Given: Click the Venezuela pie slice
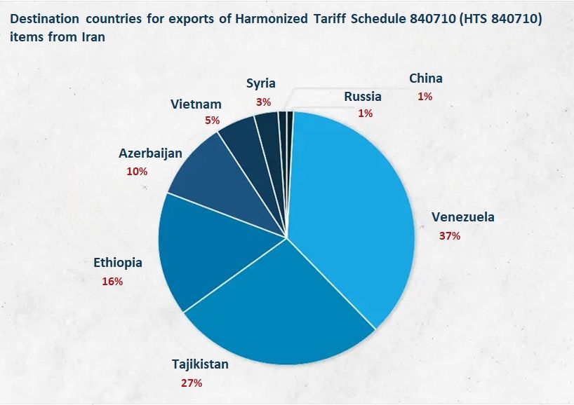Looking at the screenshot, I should pos(351,210).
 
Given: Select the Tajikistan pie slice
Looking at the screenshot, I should pos(281,308).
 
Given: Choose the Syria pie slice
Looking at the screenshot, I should pos(267,126).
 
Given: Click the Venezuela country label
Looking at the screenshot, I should pos(462,217).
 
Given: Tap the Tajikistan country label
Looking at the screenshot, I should pos(200,364).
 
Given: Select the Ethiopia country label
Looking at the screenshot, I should pos(118,263).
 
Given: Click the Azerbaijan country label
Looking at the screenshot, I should pos(150,153).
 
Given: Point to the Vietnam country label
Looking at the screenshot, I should pos(196,104).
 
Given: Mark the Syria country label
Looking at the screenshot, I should pos(261,84).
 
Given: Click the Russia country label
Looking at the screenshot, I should pos(363,96).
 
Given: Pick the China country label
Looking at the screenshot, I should pos(426,78).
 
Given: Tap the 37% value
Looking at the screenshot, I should pos(450,235).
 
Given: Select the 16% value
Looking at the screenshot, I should pos(112,281).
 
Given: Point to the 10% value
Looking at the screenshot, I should pos(137,171).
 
